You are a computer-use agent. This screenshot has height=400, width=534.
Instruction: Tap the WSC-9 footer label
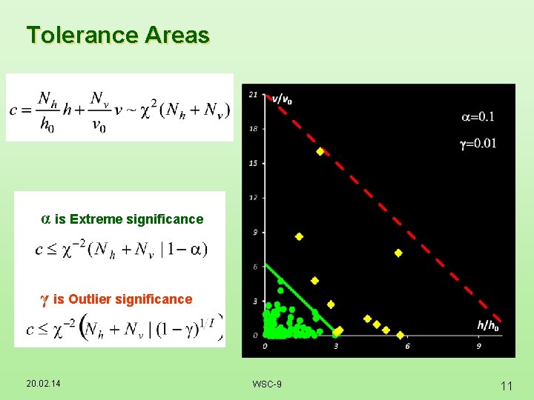[267, 384]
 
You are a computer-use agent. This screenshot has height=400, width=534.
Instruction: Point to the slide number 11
[507, 386]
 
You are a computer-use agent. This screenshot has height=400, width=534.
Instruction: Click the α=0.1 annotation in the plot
[478, 116]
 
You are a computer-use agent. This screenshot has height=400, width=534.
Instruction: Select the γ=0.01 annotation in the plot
[478, 143]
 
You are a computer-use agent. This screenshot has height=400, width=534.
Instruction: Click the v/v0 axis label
[282, 99]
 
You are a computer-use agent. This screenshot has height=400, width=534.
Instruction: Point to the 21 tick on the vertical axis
[254, 94]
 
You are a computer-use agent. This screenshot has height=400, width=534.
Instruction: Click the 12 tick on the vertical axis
[254, 197]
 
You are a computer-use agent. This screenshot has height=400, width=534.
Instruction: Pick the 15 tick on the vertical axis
[254, 163]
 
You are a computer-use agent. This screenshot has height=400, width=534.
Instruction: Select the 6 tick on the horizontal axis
[407, 346]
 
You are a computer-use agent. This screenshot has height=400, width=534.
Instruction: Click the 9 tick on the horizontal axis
[479, 346]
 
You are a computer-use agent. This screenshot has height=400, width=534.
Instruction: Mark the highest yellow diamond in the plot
[320, 151]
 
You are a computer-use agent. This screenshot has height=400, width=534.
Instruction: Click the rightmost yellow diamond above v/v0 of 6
[398, 253]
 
